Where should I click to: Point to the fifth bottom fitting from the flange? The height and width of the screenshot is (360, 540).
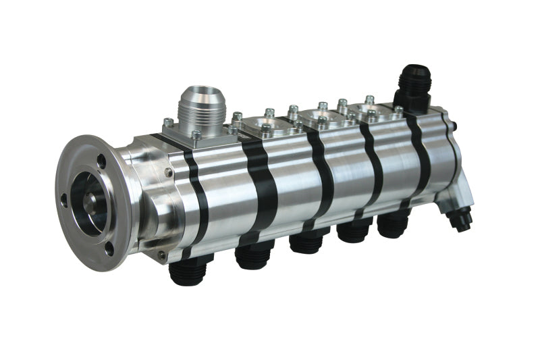pos(394,224)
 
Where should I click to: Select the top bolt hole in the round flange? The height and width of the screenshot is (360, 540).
pos(102,161)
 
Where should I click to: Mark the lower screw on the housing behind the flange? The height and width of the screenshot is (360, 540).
pos(162,255)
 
